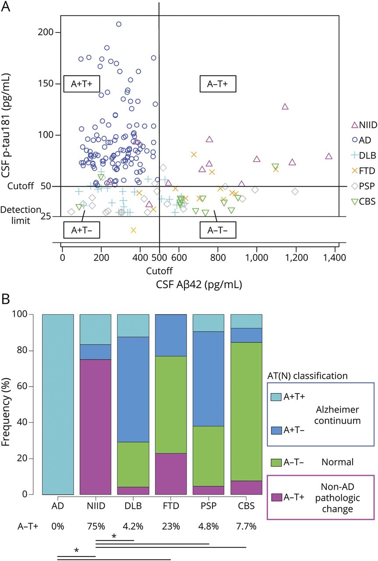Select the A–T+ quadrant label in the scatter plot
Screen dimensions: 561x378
pyautogui.click(x=218, y=84)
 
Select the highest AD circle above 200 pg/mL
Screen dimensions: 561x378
pyautogui.click(x=119, y=24)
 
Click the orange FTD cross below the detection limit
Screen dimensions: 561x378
pyautogui.click(x=134, y=230)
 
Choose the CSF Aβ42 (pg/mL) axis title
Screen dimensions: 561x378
pyautogui.click(x=199, y=284)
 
